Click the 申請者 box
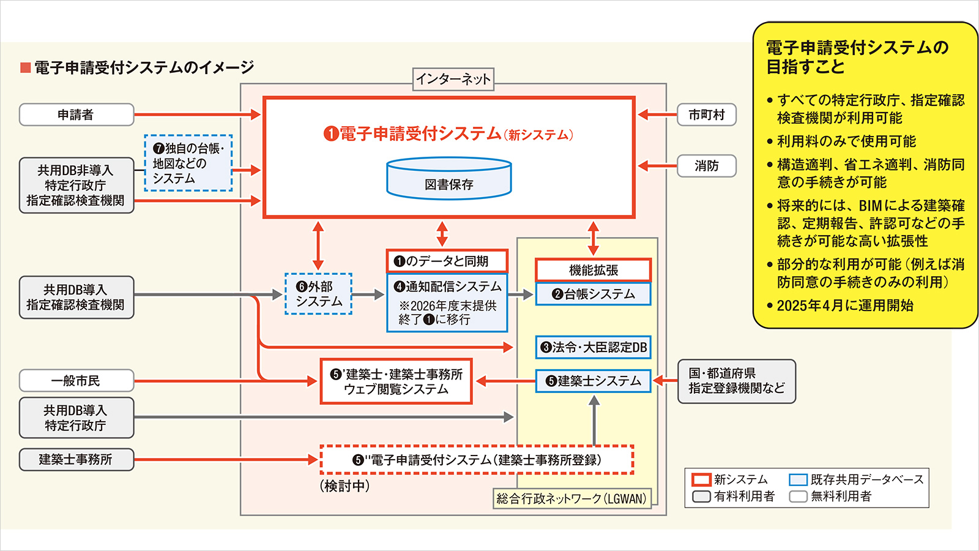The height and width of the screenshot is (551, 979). point(76,114)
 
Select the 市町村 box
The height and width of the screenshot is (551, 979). point(706,114)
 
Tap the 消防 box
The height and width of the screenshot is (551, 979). point(706,166)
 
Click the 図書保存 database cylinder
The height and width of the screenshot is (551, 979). point(449,178)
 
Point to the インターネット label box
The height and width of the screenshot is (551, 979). point(453,79)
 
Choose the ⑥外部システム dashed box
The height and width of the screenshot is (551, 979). point(319,294)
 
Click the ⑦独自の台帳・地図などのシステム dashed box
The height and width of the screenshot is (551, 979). point(188,163)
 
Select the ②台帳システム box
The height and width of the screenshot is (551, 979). point(593,294)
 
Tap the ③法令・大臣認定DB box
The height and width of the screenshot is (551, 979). point(593,347)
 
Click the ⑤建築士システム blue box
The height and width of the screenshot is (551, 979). point(593,381)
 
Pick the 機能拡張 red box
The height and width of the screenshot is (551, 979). point(593,270)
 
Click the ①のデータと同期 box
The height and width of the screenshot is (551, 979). point(447,261)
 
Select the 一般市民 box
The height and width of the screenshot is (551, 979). point(76,380)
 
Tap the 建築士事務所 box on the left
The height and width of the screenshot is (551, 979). point(76,460)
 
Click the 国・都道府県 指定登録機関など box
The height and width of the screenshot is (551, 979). point(737,381)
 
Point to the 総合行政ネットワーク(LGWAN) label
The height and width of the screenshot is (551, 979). point(571,498)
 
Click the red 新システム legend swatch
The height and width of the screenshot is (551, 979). point(701,480)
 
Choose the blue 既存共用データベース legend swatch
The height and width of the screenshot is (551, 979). point(798,480)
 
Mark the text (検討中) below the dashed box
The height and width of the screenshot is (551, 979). point(345,486)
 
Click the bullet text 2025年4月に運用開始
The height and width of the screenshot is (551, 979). point(845,305)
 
